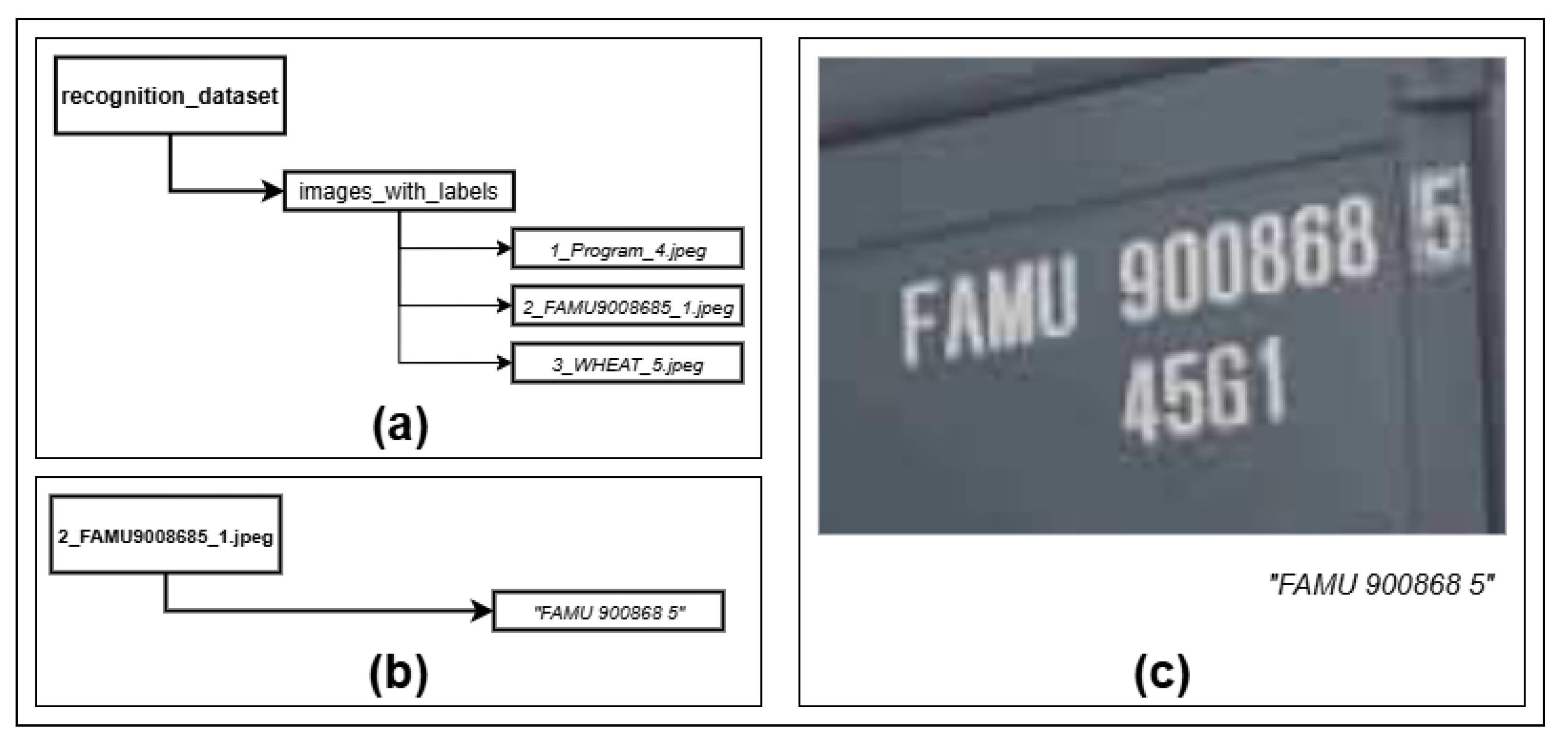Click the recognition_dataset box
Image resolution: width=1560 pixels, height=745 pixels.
click(x=170, y=96)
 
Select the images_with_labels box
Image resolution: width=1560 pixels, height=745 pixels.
click(x=399, y=191)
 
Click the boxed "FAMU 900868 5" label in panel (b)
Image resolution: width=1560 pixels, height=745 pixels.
click(x=609, y=611)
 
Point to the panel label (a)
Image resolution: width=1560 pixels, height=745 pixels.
click(x=400, y=426)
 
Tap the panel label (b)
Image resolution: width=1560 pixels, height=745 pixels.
click(x=398, y=673)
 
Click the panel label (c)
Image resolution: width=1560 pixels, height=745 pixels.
click(x=1162, y=673)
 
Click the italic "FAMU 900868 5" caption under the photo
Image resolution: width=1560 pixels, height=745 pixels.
click(x=1381, y=585)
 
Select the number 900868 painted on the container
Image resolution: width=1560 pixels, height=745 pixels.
click(x=1247, y=260)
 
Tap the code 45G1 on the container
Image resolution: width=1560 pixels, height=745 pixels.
click(x=1205, y=388)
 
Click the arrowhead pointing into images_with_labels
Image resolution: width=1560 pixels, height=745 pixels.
click(x=273, y=191)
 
